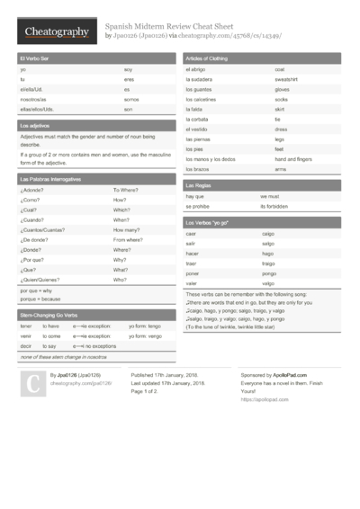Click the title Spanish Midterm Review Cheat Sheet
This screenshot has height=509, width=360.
(x=170, y=27)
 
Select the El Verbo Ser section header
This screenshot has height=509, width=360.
(x=33, y=58)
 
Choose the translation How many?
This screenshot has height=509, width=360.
(x=128, y=230)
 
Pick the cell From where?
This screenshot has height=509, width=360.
(x=130, y=240)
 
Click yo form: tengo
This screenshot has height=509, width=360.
(x=144, y=326)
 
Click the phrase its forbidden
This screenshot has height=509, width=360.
(x=276, y=206)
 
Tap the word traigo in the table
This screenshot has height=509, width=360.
(x=268, y=263)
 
